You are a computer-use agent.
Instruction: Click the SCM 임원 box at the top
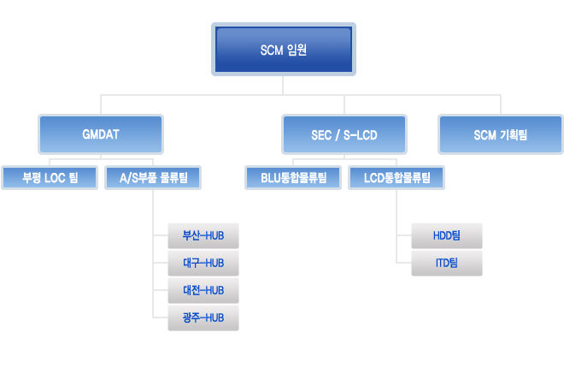click(x=284, y=50)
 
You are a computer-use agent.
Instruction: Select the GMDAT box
click(x=101, y=134)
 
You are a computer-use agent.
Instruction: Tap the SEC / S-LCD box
click(x=344, y=134)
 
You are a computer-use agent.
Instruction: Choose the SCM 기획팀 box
click(x=500, y=134)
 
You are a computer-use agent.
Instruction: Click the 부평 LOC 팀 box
click(x=50, y=177)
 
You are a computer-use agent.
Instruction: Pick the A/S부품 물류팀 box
click(x=153, y=177)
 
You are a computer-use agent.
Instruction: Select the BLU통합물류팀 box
click(x=293, y=177)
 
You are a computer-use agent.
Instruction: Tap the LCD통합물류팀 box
click(x=397, y=177)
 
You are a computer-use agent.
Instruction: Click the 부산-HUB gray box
click(x=203, y=235)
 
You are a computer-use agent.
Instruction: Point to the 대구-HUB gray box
click(x=203, y=264)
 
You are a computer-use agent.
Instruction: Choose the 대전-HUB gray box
click(x=203, y=290)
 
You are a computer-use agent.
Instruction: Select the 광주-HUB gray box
click(x=203, y=318)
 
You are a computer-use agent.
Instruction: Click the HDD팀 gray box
click(x=447, y=235)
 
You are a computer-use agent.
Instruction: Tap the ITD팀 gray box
click(x=447, y=264)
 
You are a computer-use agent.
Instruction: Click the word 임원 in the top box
click(x=297, y=50)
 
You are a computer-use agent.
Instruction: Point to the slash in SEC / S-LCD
click(x=338, y=135)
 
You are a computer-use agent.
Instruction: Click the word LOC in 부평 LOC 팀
click(x=55, y=178)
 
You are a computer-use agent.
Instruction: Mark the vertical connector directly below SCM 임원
click(x=283, y=86)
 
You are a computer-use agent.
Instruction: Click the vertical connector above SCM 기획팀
click(x=500, y=104)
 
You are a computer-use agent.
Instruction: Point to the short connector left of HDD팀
click(x=404, y=235)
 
